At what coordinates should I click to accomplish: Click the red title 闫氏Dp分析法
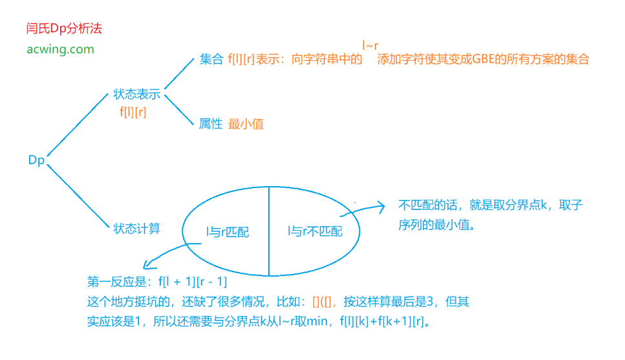tap(64, 29)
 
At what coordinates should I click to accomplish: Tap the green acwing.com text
tap(60, 49)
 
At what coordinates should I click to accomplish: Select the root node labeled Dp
tap(36, 160)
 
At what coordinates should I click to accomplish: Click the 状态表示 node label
tap(136, 94)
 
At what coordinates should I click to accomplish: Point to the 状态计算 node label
tap(136, 228)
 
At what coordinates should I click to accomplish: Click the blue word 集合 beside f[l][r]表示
tap(211, 59)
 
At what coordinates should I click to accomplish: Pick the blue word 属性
tap(211, 124)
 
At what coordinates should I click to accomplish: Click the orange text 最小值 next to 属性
tap(246, 124)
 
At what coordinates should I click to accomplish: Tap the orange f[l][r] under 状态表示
tap(133, 112)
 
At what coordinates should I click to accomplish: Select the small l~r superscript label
tap(370, 45)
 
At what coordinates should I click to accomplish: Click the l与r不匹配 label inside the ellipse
tap(315, 231)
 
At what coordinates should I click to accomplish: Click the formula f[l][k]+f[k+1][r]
tap(381, 321)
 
